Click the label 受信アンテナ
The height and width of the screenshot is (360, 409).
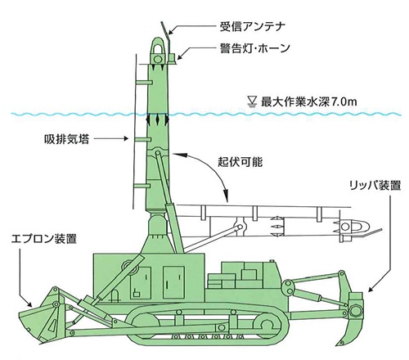(x=253, y=27)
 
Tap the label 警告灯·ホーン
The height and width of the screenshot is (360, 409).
(x=255, y=48)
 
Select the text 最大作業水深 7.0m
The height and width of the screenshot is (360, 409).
(x=309, y=101)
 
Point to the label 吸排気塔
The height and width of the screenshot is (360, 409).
(x=67, y=139)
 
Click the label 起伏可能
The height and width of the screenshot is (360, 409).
(x=240, y=162)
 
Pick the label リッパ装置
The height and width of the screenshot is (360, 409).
(x=375, y=186)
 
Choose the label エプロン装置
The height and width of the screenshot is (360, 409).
(x=44, y=239)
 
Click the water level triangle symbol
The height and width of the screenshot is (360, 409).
(x=252, y=101)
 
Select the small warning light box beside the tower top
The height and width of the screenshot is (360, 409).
(x=173, y=58)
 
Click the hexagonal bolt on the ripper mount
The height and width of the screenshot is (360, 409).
(x=355, y=311)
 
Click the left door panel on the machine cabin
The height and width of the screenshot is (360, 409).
(x=141, y=282)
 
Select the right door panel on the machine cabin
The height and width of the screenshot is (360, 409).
(x=173, y=282)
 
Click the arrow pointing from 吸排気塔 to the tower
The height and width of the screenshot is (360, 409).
(x=111, y=139)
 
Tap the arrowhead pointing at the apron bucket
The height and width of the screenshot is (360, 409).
(x=29, y=304)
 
